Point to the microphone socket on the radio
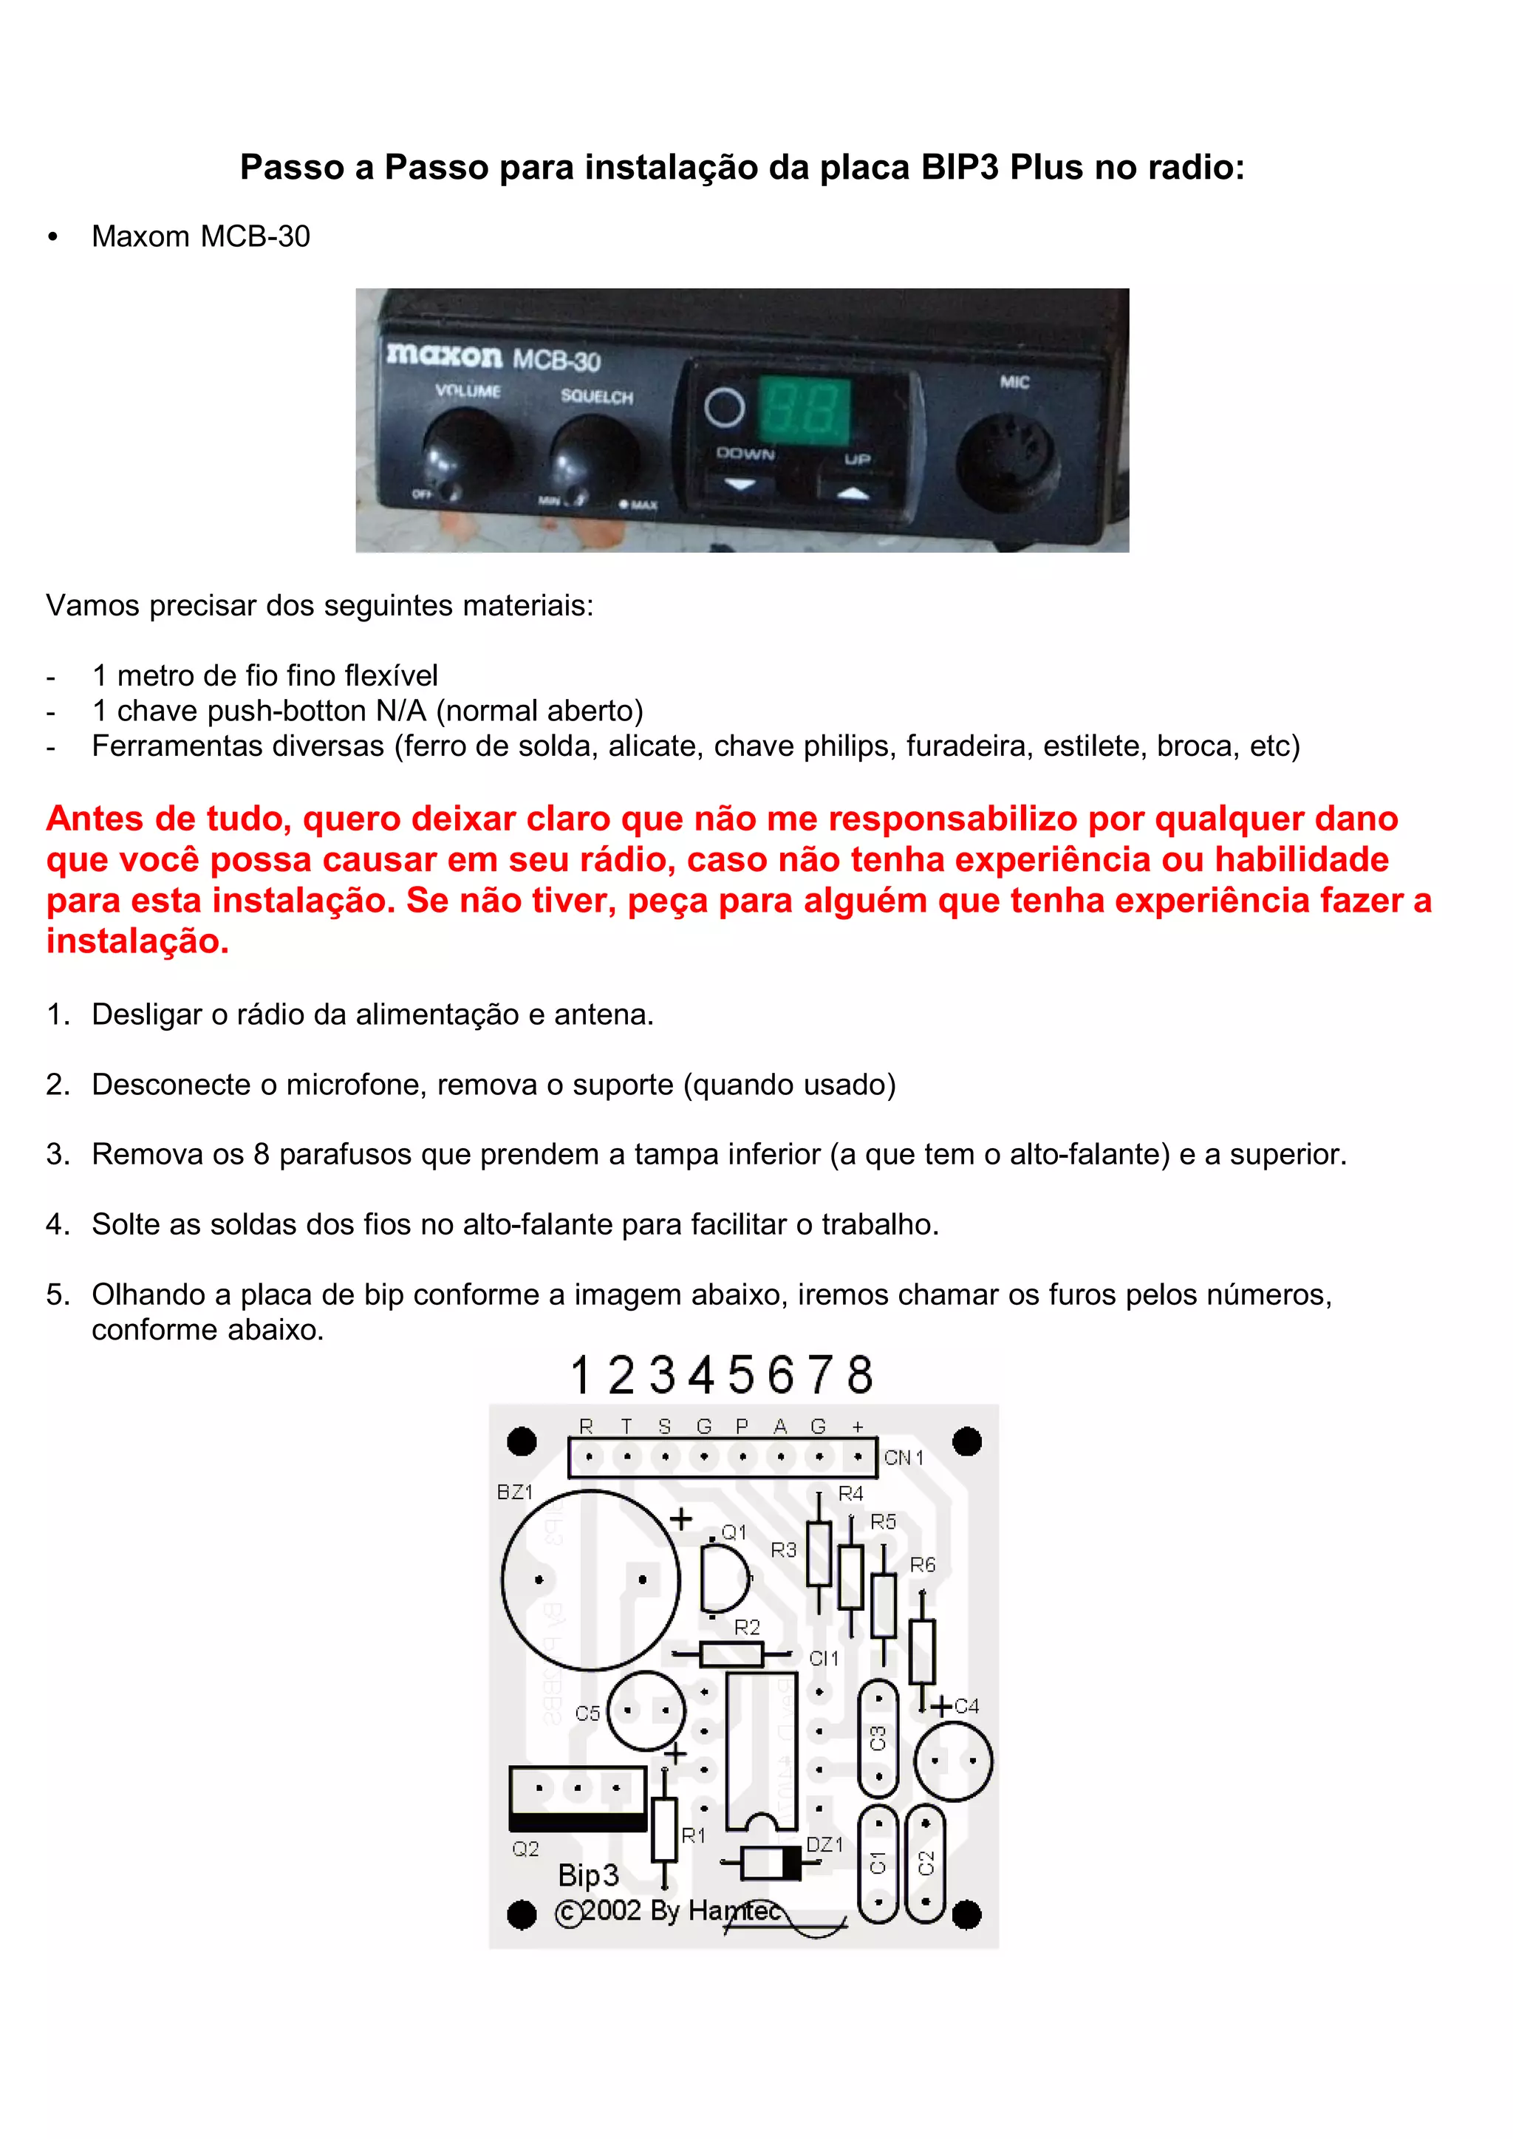point(1008,462)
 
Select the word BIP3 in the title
point(960,168)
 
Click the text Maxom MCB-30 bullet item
point(200,236)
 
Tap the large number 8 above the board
point(860,1375)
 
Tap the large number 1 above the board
point(581,1375)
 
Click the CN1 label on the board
point(903,1458)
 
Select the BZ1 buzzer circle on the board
point(591,1580)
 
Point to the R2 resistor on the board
point(731,1654)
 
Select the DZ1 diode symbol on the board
point(771,1863)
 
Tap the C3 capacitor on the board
point(878,1739)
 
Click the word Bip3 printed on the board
point(588,1874)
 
